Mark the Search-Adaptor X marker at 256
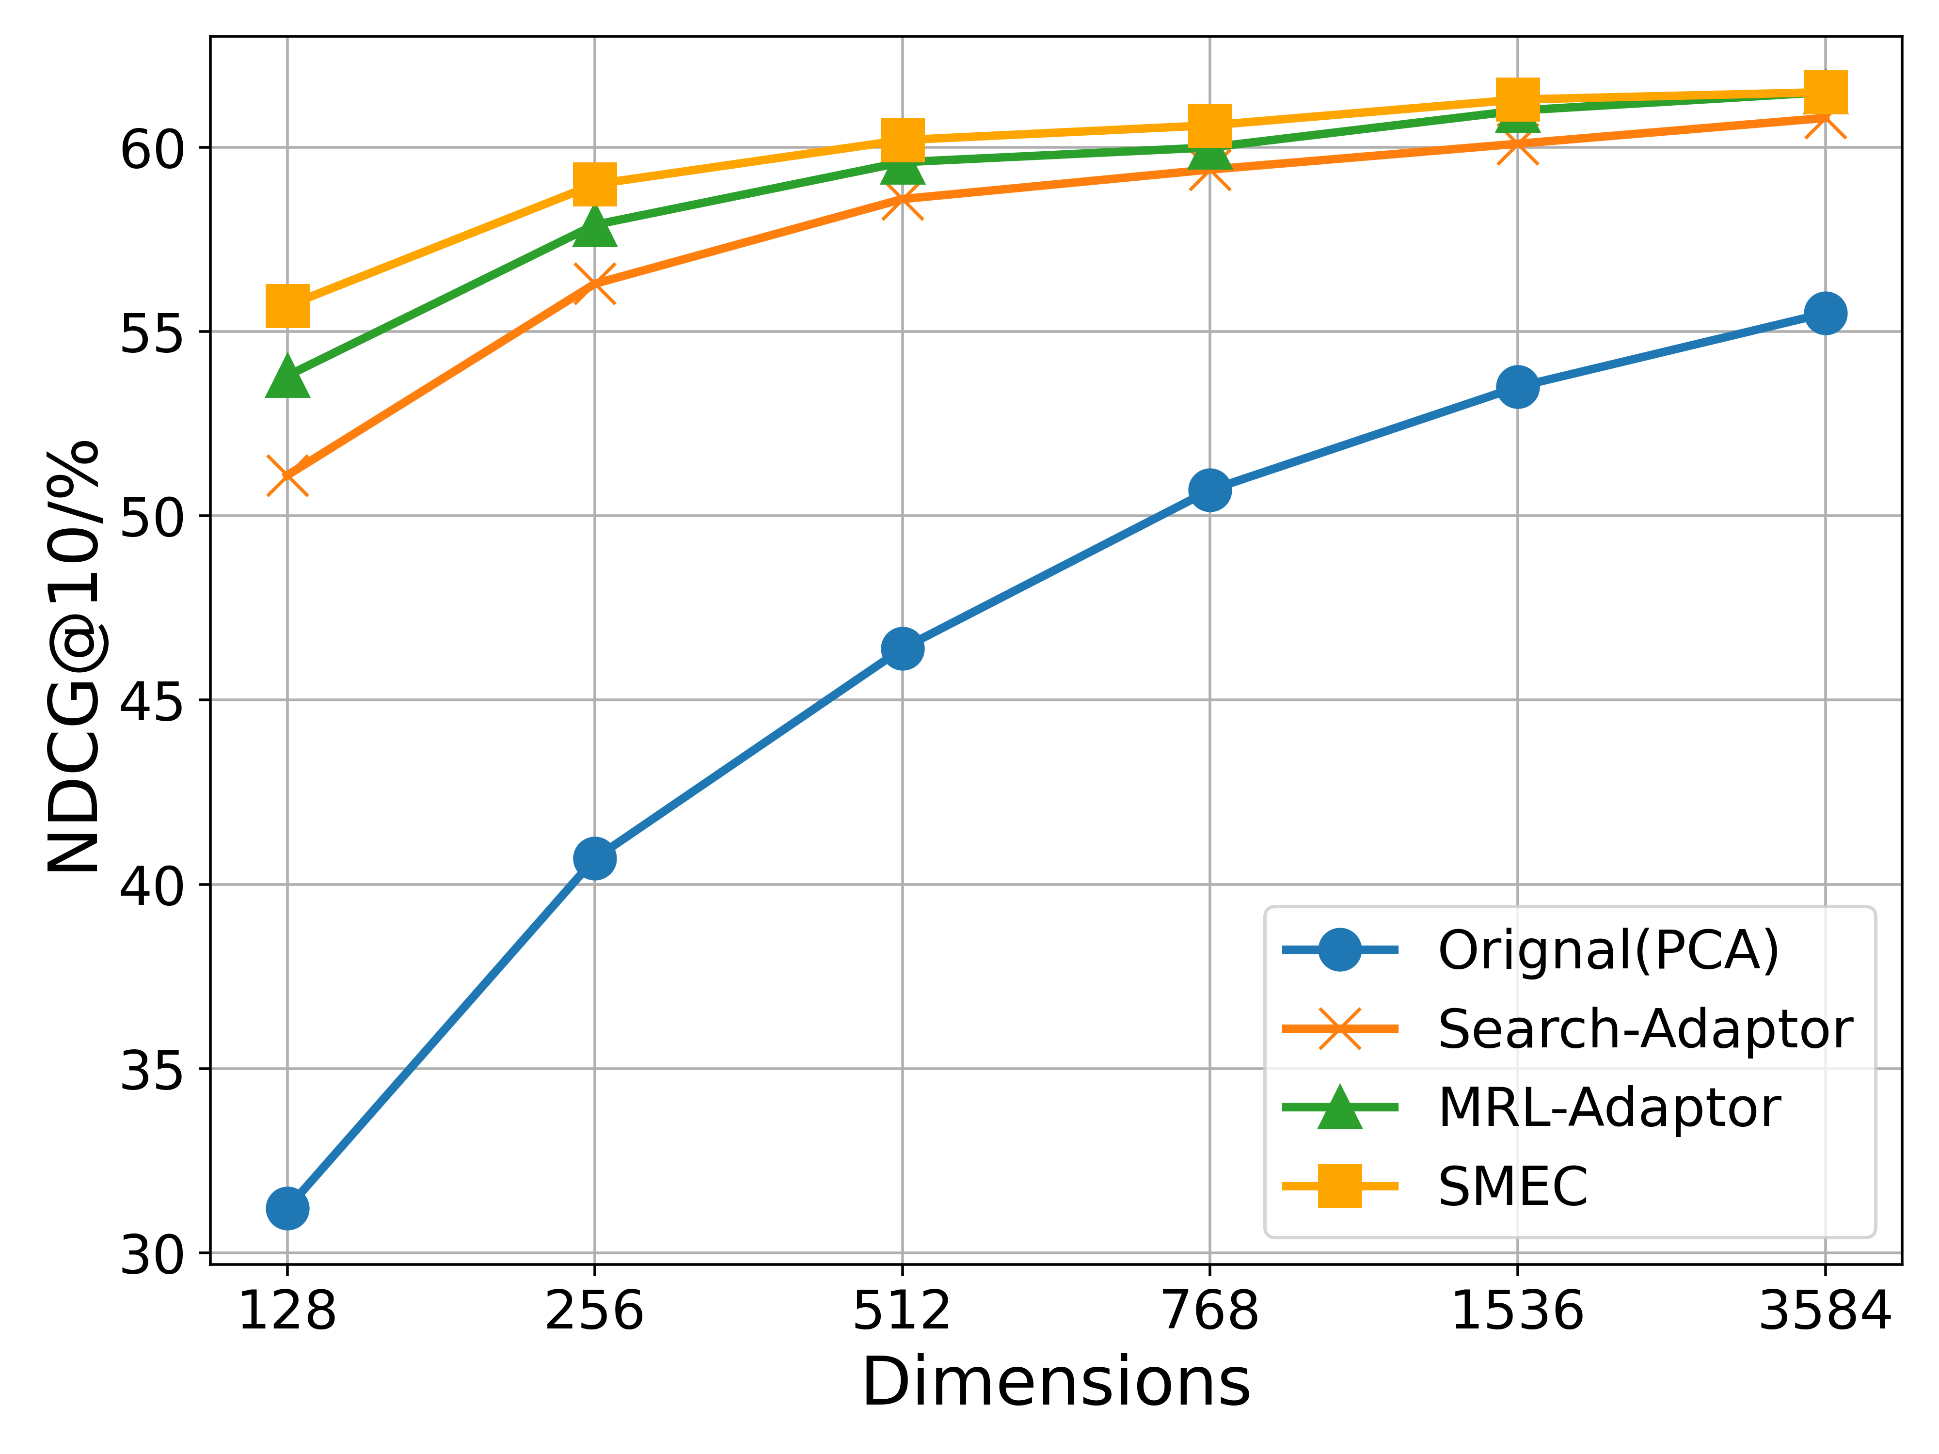(x=594, y=283)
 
